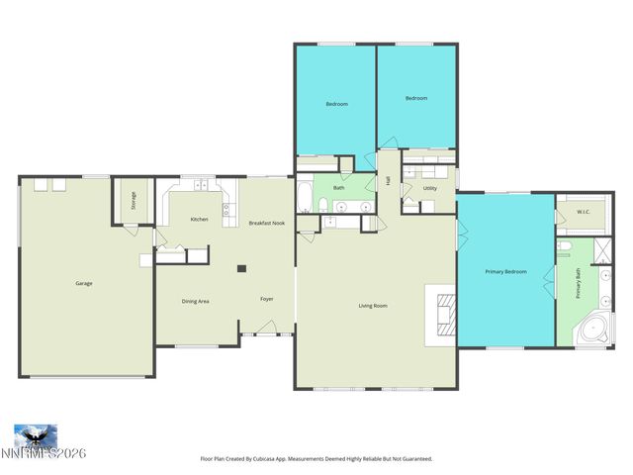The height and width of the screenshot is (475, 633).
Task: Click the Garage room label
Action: pos(84,284)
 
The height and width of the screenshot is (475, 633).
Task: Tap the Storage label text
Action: pos(134,201)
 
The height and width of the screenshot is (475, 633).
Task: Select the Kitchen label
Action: pos(199,219)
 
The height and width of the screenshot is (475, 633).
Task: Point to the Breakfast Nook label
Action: pos(266,223)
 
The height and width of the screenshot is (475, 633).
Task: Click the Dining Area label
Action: pos(195,301)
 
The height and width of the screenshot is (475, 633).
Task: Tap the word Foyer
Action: pos(267,299)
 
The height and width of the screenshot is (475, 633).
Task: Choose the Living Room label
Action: pos(373,306)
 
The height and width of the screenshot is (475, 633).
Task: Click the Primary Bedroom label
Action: pos(505,271)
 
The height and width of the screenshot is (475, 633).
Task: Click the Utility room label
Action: pos(430,188)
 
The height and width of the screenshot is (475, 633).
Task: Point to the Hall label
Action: pos(389,180)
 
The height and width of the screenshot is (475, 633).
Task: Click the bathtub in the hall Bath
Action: pos(306,196)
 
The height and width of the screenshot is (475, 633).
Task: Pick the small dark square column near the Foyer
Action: pos(240,267)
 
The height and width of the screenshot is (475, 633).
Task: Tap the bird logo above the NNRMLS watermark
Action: pos(35,435)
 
